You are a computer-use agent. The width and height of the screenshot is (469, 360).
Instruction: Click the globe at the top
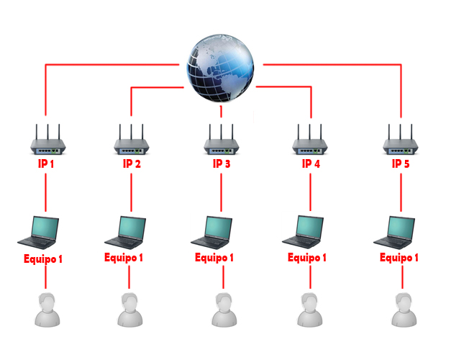pos(220,68)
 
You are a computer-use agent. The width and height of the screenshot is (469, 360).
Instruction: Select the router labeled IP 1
pos(48,140)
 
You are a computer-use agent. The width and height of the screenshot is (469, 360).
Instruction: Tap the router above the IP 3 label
pos(221,140)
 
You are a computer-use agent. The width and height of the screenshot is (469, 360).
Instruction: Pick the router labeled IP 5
pos(400,140)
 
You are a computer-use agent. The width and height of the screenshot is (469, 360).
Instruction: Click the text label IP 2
pos(132,163)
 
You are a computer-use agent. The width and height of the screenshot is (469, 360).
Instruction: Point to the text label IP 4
pos(311,163)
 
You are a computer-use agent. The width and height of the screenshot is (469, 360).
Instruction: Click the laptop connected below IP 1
pos(38,233)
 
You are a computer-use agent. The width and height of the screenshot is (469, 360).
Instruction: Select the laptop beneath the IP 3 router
pos(211,233)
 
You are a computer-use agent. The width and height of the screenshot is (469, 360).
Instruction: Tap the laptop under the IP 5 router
pos(394,233)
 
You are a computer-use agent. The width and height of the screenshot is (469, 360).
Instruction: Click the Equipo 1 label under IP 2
pos(124,258)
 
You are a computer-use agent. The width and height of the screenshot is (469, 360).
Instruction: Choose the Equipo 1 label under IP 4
pos(307,258)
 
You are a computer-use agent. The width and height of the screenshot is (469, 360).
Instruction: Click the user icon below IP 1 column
pos(47,310)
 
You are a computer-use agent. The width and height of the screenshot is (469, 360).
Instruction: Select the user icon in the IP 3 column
pos(224,310)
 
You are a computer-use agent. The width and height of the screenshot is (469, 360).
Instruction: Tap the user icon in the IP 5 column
pos(404,310)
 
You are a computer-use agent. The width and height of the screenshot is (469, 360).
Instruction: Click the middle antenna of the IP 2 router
pos(131,132)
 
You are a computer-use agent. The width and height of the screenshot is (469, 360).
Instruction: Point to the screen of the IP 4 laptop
pos(310,227)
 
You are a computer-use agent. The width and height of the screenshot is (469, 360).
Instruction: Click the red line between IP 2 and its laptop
pos(131,192)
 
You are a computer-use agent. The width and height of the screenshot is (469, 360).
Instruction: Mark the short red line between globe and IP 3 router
pos(221,112)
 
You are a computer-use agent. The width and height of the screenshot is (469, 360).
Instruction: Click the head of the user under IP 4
pos(310,302)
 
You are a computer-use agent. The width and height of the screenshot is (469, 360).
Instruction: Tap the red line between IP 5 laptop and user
pos(402,277)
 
